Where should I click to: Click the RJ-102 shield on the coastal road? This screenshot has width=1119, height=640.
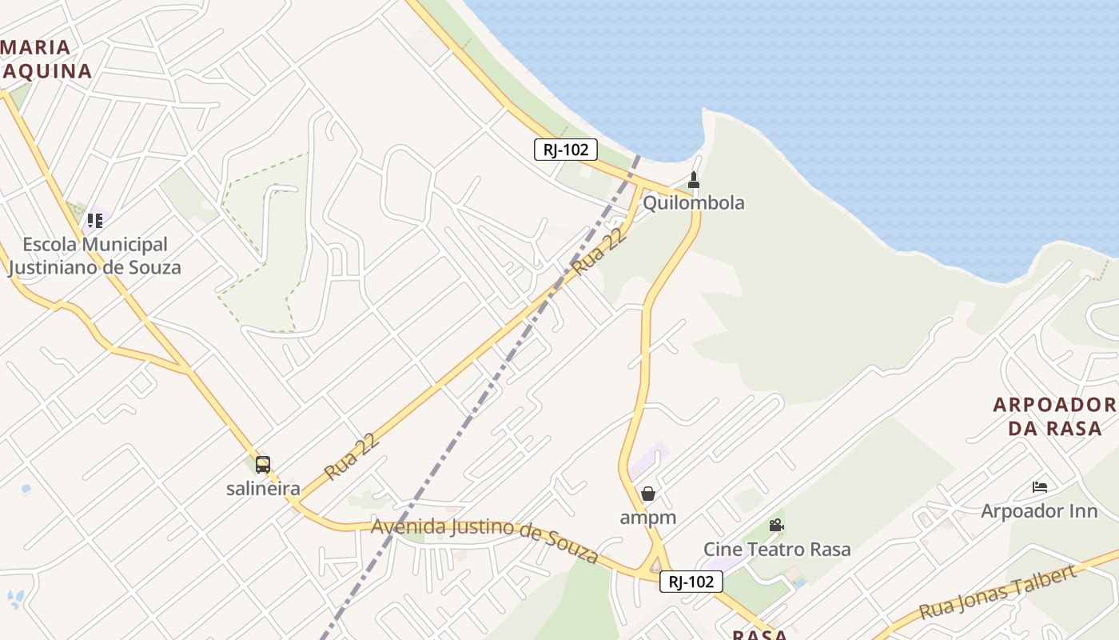click(566, 149)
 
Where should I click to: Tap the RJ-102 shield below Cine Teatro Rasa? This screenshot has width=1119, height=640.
click(691, 582)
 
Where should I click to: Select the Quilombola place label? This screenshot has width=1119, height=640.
click(693, 202)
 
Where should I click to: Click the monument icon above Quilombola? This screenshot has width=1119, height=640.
click(694, 180)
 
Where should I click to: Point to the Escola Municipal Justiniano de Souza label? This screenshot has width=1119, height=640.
click(94, 256)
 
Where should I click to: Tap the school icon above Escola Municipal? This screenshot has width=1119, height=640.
click(95, 220)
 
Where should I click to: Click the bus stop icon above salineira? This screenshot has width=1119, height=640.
click(263, 464)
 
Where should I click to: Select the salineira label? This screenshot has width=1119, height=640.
click(263, 488)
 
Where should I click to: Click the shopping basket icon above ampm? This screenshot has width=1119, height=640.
click(648, 494)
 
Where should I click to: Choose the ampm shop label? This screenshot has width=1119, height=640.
click(648, 518)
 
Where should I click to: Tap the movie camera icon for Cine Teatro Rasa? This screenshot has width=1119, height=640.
click(776, 525)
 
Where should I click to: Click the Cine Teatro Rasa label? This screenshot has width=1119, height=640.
click(777, 549)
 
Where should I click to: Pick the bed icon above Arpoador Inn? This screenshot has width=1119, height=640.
click(1039, 486)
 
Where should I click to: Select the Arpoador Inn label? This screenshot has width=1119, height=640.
click(1039, 510)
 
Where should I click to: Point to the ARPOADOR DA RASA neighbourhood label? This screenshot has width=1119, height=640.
click(1054, 416)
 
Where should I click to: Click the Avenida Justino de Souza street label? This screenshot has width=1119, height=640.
click(485, 540)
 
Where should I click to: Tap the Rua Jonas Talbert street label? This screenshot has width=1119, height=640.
click(997, 593)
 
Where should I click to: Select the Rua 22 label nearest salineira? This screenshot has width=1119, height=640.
click(351, 458)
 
